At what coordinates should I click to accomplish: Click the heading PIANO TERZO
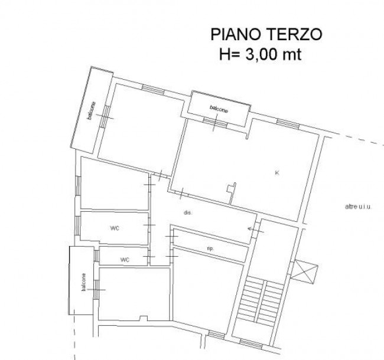point(266,34)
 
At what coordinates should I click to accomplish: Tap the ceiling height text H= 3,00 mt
point(260,54)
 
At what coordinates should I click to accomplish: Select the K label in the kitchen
point(277,173)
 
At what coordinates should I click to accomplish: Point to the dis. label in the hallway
point(188,212)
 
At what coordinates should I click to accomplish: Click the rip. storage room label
point(210,248)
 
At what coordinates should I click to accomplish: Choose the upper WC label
point(115,228)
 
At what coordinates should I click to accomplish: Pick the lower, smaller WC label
point(125,260)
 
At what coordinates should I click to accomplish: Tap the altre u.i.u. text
point(358,207)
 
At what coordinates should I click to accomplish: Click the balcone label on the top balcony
point(219,109)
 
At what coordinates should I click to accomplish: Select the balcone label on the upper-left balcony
point(92,110)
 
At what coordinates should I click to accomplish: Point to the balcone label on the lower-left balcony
point(83,282)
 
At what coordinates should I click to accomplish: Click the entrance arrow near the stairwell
point(256,230)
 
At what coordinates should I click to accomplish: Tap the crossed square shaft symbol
point(304,271)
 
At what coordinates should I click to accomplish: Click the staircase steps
point(260,301)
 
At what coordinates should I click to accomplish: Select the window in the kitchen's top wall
point(288,123)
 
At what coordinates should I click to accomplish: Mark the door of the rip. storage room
point(172,236)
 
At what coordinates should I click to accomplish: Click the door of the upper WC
point(149,225)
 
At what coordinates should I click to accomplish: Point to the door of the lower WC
point(149,256)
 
